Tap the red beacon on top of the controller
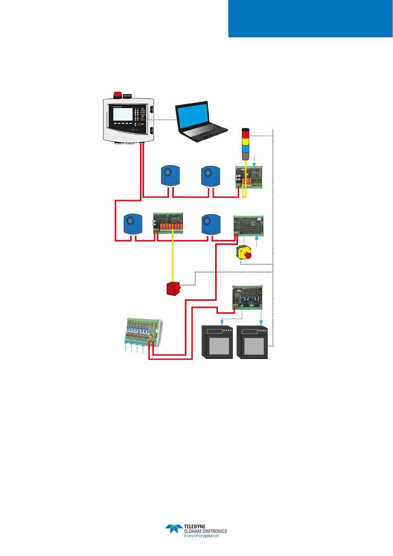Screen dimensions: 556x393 (117, 95)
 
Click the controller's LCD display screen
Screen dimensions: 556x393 (123, 114)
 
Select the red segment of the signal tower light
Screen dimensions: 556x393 (246, 134)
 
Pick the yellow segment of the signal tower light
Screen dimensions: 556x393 (246, 141)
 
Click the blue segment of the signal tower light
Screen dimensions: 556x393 (246, 148)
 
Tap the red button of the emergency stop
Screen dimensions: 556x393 (248, 255)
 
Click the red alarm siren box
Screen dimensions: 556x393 (173, 288)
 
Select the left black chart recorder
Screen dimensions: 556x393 (217, 342)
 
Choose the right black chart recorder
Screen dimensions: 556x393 (252, 342)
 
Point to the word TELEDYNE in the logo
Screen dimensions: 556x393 (195, 527)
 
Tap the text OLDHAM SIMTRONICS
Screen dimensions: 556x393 (206, 531)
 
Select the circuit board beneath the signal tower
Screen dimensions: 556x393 (249, 177)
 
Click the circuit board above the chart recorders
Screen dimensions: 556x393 (247, 296)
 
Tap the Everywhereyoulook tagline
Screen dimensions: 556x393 (202, 536)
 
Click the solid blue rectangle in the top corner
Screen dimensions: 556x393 (310, 18)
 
